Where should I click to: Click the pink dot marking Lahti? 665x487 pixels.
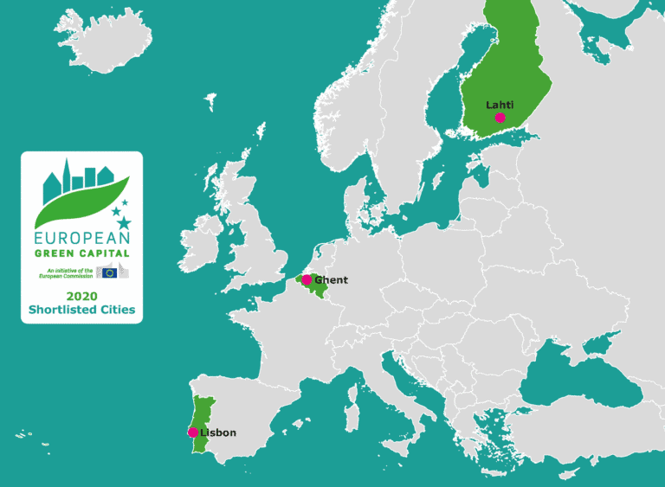(x=500, y=118)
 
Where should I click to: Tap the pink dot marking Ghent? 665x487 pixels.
(x=306, y=280)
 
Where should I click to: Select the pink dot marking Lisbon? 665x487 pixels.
(x=193, y=433)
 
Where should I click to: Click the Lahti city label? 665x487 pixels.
(x=500, y=105)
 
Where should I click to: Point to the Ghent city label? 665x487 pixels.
(x=331, y=280)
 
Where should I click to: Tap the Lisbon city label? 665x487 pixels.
(x=218, y=433)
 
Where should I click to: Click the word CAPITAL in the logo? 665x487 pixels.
(x=105, y=253)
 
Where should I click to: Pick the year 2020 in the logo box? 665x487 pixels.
(x=81, y=295)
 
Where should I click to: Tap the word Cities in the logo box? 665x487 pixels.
(x=119, y=309)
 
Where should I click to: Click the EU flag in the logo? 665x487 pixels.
(x=109, y=272)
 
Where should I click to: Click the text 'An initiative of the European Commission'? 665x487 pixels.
(x=68, y=272)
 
